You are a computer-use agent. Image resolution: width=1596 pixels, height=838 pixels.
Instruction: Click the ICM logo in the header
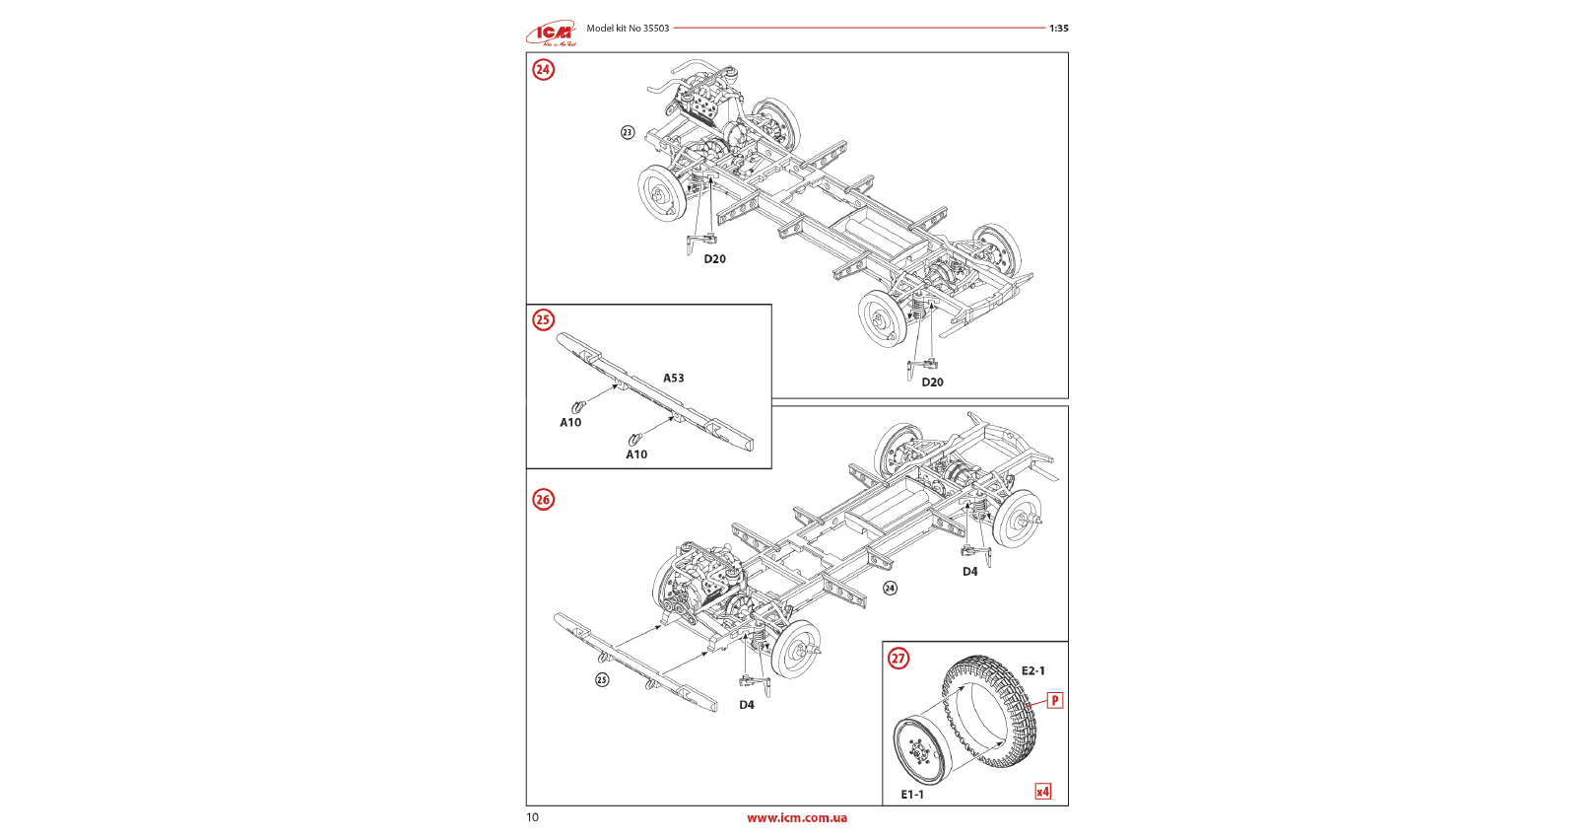(551, 34)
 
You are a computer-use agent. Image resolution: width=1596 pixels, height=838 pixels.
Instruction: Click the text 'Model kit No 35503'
(628, 29)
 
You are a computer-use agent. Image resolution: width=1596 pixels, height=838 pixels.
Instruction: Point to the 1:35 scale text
(1058, 29)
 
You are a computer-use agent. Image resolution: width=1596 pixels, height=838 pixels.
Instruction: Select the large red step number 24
(543, 69)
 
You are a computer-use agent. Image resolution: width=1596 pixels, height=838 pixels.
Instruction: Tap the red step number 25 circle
(543, 319)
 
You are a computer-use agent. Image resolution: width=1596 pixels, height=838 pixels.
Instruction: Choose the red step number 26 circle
(543, 499)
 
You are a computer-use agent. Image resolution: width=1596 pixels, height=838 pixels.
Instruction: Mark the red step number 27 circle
(898, 659)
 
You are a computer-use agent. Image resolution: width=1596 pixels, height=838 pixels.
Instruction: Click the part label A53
(673, 378)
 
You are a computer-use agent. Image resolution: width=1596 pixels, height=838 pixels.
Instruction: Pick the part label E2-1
(1032, 671)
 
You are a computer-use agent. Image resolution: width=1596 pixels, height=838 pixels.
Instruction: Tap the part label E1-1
(912, 795)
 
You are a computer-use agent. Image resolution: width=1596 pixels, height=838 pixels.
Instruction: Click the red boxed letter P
(1054, 701)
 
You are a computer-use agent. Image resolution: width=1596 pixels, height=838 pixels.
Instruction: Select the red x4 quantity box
(1042, 792)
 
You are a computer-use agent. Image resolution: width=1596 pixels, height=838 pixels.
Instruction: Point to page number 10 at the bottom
(533, 817)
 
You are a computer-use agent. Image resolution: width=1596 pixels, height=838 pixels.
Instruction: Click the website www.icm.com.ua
(796, 817)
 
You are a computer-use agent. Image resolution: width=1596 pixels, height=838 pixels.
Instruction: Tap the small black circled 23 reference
(628, 133)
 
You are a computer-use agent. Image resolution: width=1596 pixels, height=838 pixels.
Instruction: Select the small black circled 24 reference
(890, 589)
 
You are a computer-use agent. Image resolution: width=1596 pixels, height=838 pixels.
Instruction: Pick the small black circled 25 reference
(602, 679)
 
